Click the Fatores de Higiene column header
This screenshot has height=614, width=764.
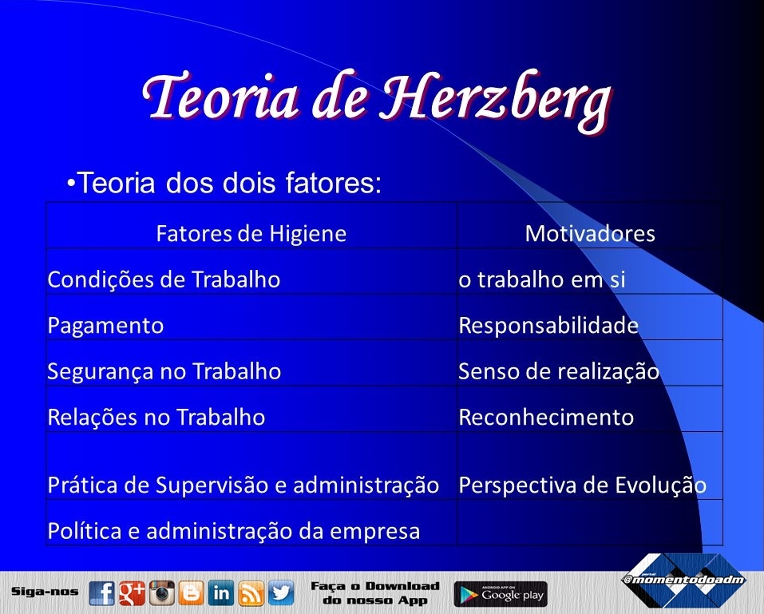(x=251, y=233)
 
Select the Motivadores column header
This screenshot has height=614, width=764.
(x=590, y=233)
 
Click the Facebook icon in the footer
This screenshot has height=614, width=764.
(x=102, y=593)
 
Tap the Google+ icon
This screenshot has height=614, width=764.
(x=132, y=593)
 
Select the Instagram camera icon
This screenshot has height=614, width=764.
(x=162, y=593)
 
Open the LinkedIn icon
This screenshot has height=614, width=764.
(x=220, y=593)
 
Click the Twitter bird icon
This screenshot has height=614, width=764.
(x=281, y=593)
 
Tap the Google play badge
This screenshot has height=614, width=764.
(x=501, y=594)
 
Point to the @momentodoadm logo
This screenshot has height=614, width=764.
(x=684, y=579)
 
